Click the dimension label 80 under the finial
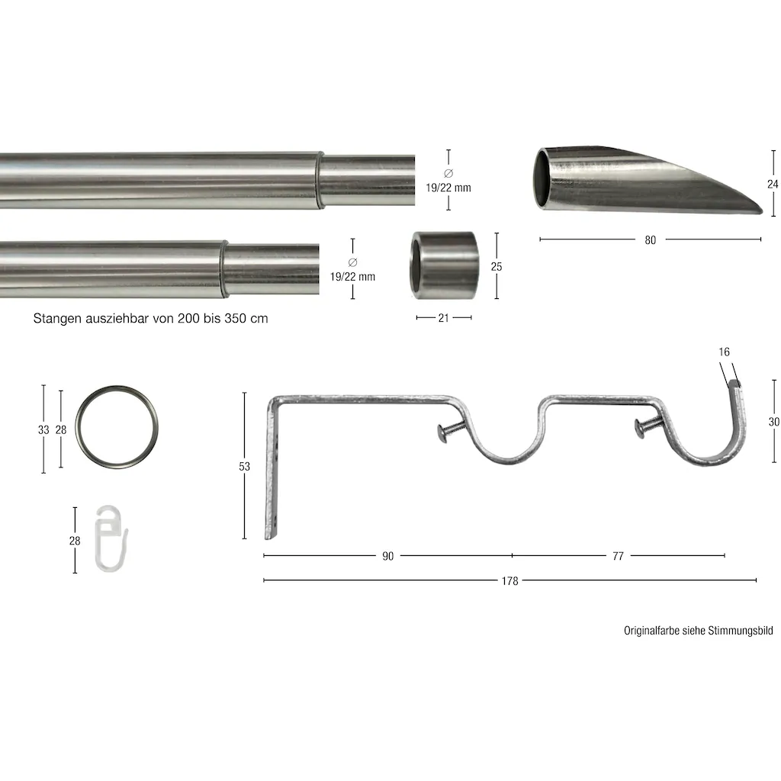[x=650, y=240]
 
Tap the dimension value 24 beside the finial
[x=773, y=185]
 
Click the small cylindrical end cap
[x=444, y=265]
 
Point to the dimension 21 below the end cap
[x=443, y=318]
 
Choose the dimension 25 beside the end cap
[x=496, y=266]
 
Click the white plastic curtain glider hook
[x=111, y=538]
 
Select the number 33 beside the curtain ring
[x=43, y=429]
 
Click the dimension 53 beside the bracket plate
[x=244, y=466]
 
